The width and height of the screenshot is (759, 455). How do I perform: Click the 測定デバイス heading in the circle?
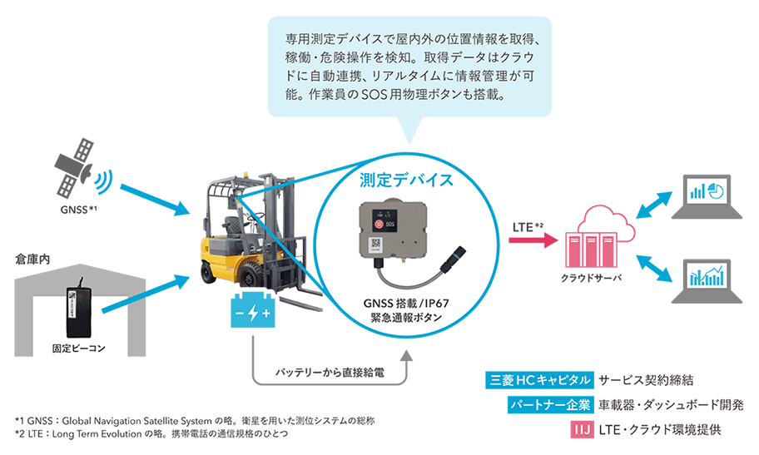(405, 180)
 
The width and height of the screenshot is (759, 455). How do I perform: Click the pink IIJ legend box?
(581, 430)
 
